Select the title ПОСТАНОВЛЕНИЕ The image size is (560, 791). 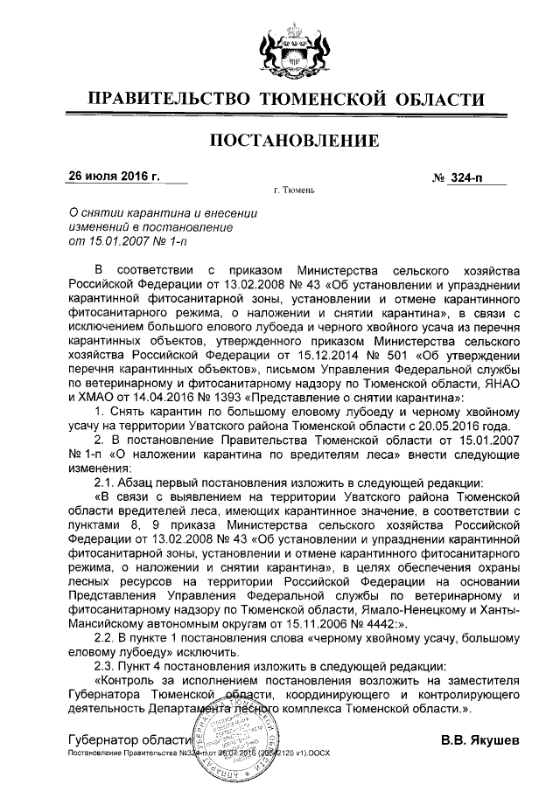click(x=279, y=142)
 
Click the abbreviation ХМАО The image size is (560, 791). click(x=92, y=396)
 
